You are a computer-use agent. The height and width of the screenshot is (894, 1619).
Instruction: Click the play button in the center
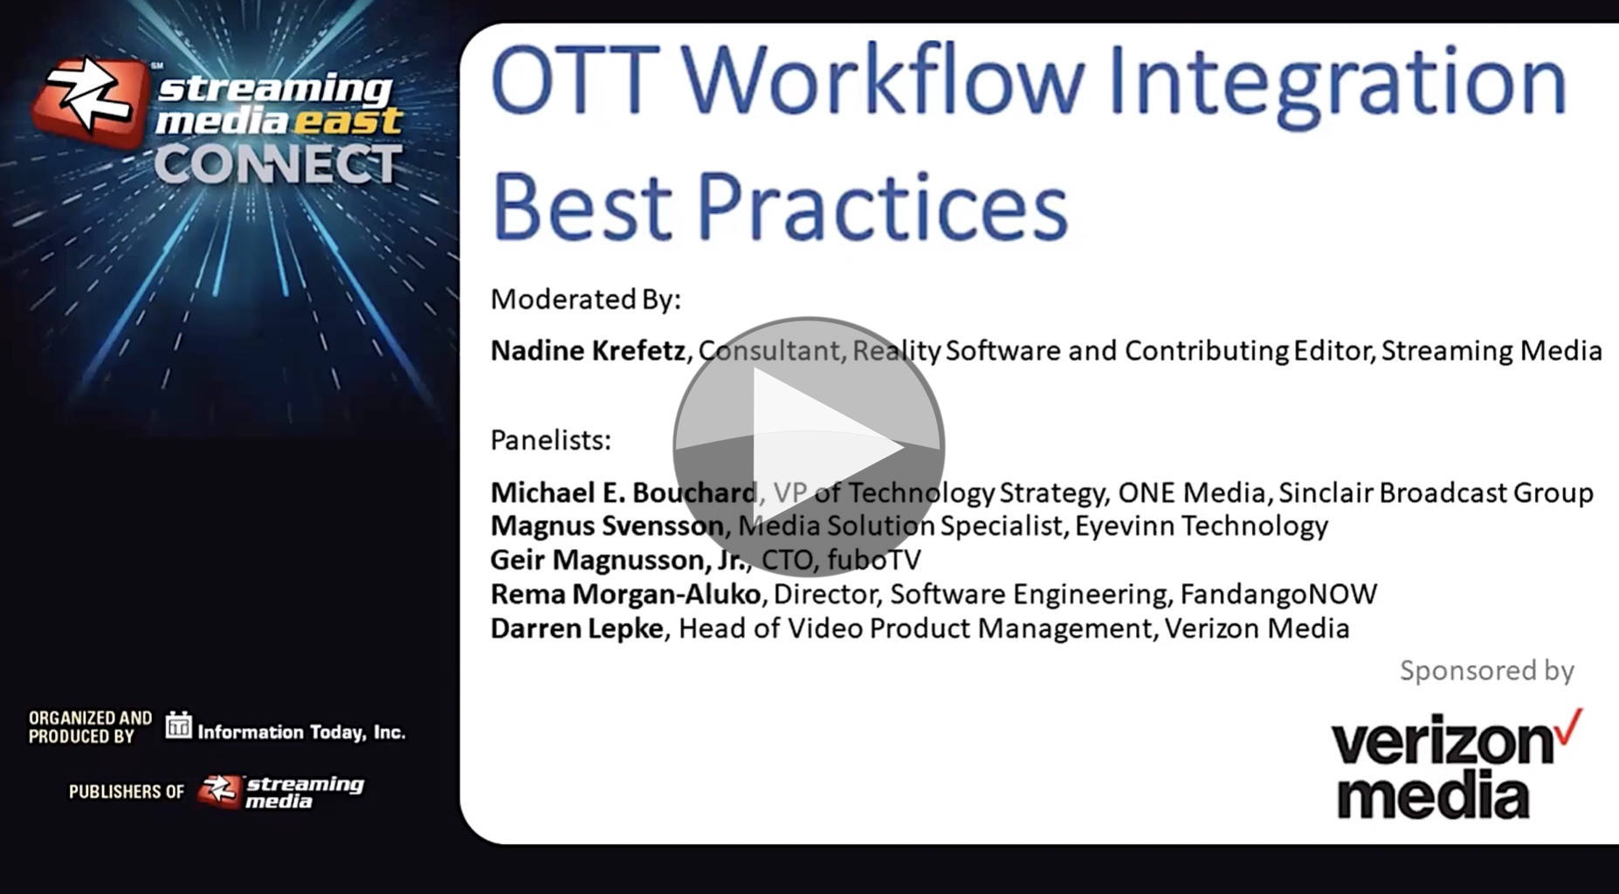809,447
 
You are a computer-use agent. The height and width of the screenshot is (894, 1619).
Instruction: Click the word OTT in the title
575,80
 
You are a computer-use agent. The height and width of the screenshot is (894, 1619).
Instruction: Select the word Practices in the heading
882,206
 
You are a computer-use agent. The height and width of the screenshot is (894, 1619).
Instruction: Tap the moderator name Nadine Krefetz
588,350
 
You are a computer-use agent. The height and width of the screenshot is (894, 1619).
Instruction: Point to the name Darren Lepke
577,628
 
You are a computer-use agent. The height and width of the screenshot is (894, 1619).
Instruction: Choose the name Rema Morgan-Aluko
626,594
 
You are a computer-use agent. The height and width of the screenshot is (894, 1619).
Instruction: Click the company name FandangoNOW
1278,594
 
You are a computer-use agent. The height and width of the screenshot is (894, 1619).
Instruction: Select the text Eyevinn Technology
1202,526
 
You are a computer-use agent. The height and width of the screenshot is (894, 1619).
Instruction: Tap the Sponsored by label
1487,670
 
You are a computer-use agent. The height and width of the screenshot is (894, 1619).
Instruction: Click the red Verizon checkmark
1569,726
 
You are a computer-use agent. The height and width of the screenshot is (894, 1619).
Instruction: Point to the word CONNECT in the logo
279,164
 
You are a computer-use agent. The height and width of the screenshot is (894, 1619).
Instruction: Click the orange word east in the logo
348,120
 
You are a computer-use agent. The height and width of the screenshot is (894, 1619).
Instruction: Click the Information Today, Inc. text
301,732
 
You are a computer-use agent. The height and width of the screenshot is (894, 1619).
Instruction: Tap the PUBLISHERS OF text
127,791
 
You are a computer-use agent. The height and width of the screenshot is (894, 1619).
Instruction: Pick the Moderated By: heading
585,299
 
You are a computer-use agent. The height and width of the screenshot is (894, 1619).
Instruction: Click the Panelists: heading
550,440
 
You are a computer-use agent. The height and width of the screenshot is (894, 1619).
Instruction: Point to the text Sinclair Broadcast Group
1436,492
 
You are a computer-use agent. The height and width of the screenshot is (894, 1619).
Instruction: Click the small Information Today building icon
178,725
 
